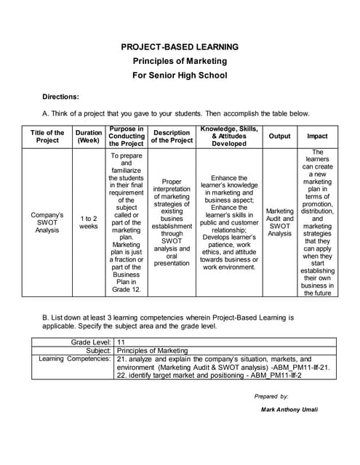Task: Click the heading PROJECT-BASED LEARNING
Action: tap(180, 47)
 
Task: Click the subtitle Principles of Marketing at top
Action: tap(180, 61)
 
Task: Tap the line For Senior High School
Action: tap(180, 75)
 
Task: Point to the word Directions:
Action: tap(60, 97)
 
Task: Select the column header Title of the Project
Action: tap(48, 137)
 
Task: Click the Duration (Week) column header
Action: tap(89, 137)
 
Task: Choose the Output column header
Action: tap(279, 137)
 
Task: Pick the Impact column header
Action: tap(317, 137)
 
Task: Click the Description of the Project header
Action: tap(172, 137)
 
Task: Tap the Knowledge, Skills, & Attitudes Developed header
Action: tap(229, 136)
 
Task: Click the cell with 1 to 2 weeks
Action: tap(89, 222)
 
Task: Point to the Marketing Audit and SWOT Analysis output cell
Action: tap(279, 222)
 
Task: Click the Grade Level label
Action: tap(91, 341)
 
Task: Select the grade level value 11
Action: tap(122, 341)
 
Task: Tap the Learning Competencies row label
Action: tap(74, 359)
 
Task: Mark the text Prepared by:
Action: tap(271, 397)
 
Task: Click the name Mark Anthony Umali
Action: tap(289, 410)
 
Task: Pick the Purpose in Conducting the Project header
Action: tap(127, 137)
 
